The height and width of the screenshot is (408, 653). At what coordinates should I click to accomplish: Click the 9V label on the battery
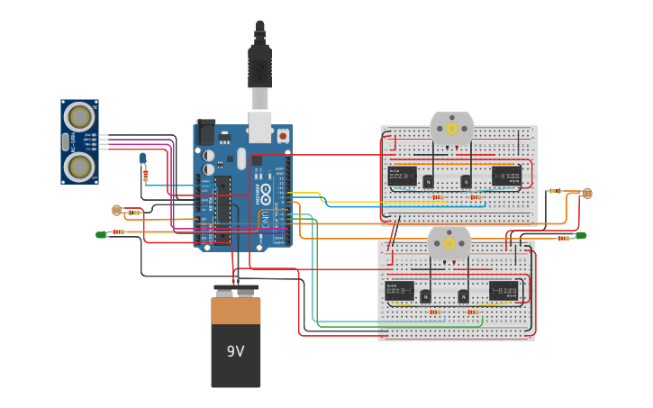click(x=235, y=351)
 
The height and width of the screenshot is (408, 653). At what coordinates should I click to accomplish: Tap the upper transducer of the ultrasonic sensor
click(x=80, y=117)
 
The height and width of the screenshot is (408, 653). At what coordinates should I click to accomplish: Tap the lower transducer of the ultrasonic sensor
click(x=80, y=166)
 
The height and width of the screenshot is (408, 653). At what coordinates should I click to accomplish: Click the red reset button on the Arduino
click(x=283, y=136)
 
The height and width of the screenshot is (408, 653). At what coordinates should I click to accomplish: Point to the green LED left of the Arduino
click(x=101, y=235)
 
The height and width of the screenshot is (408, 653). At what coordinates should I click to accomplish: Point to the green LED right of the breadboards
click(x=581, y=236)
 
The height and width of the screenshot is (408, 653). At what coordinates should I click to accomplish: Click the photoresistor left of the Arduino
click(x=116, y=211)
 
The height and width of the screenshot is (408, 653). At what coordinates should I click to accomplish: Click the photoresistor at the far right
click(x=587, y=193)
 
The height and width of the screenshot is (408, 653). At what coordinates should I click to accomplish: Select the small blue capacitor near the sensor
click(x=142, y=159)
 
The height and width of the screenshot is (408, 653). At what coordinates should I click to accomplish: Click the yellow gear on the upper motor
click(x=451, y=129)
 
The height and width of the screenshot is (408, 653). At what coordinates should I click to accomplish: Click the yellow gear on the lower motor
click(x=449, y=243)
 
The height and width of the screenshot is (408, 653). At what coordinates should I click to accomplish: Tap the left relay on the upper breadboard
click(x=402, y=176)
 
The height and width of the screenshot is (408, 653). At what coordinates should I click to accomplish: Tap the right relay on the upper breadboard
click(x=505, y=176)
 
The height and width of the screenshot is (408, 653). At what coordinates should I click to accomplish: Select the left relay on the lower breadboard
click(x=399, y=291)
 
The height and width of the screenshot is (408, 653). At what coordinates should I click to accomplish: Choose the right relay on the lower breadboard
click(x=503, y=291)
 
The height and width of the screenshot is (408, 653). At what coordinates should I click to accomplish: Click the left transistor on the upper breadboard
click(x=429, y=182)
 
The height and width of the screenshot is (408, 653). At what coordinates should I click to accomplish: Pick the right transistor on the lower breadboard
click(x=463, y=296)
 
